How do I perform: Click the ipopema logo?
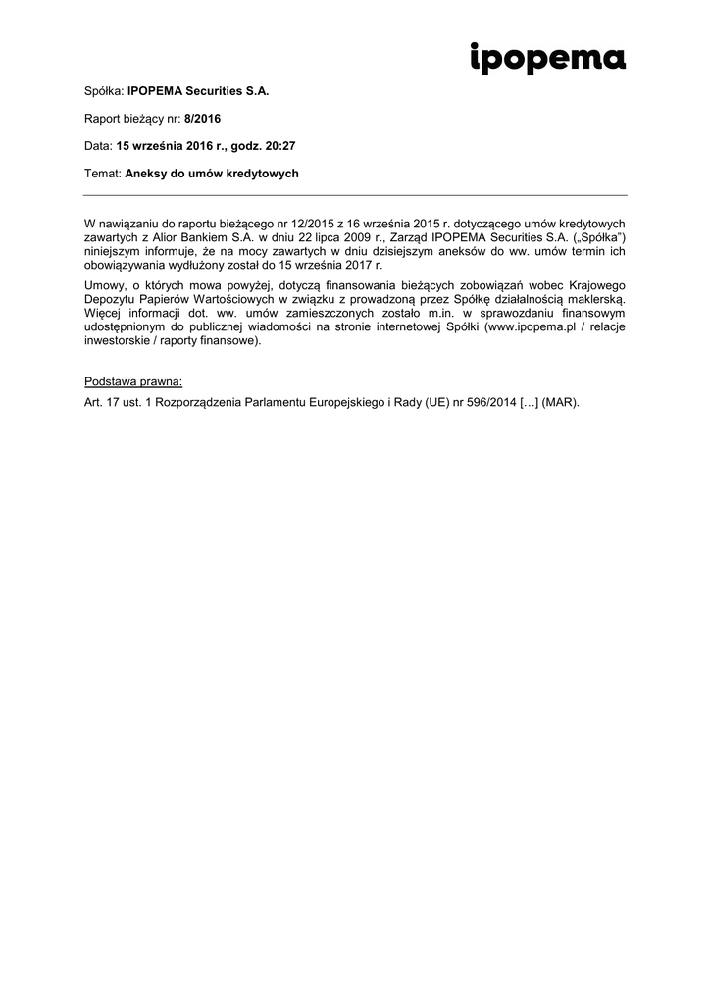(547, 59)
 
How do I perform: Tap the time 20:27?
(280, 145)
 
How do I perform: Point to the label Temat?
(103, 173)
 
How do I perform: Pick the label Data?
(98, 145)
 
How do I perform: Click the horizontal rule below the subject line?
(355, 194)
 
